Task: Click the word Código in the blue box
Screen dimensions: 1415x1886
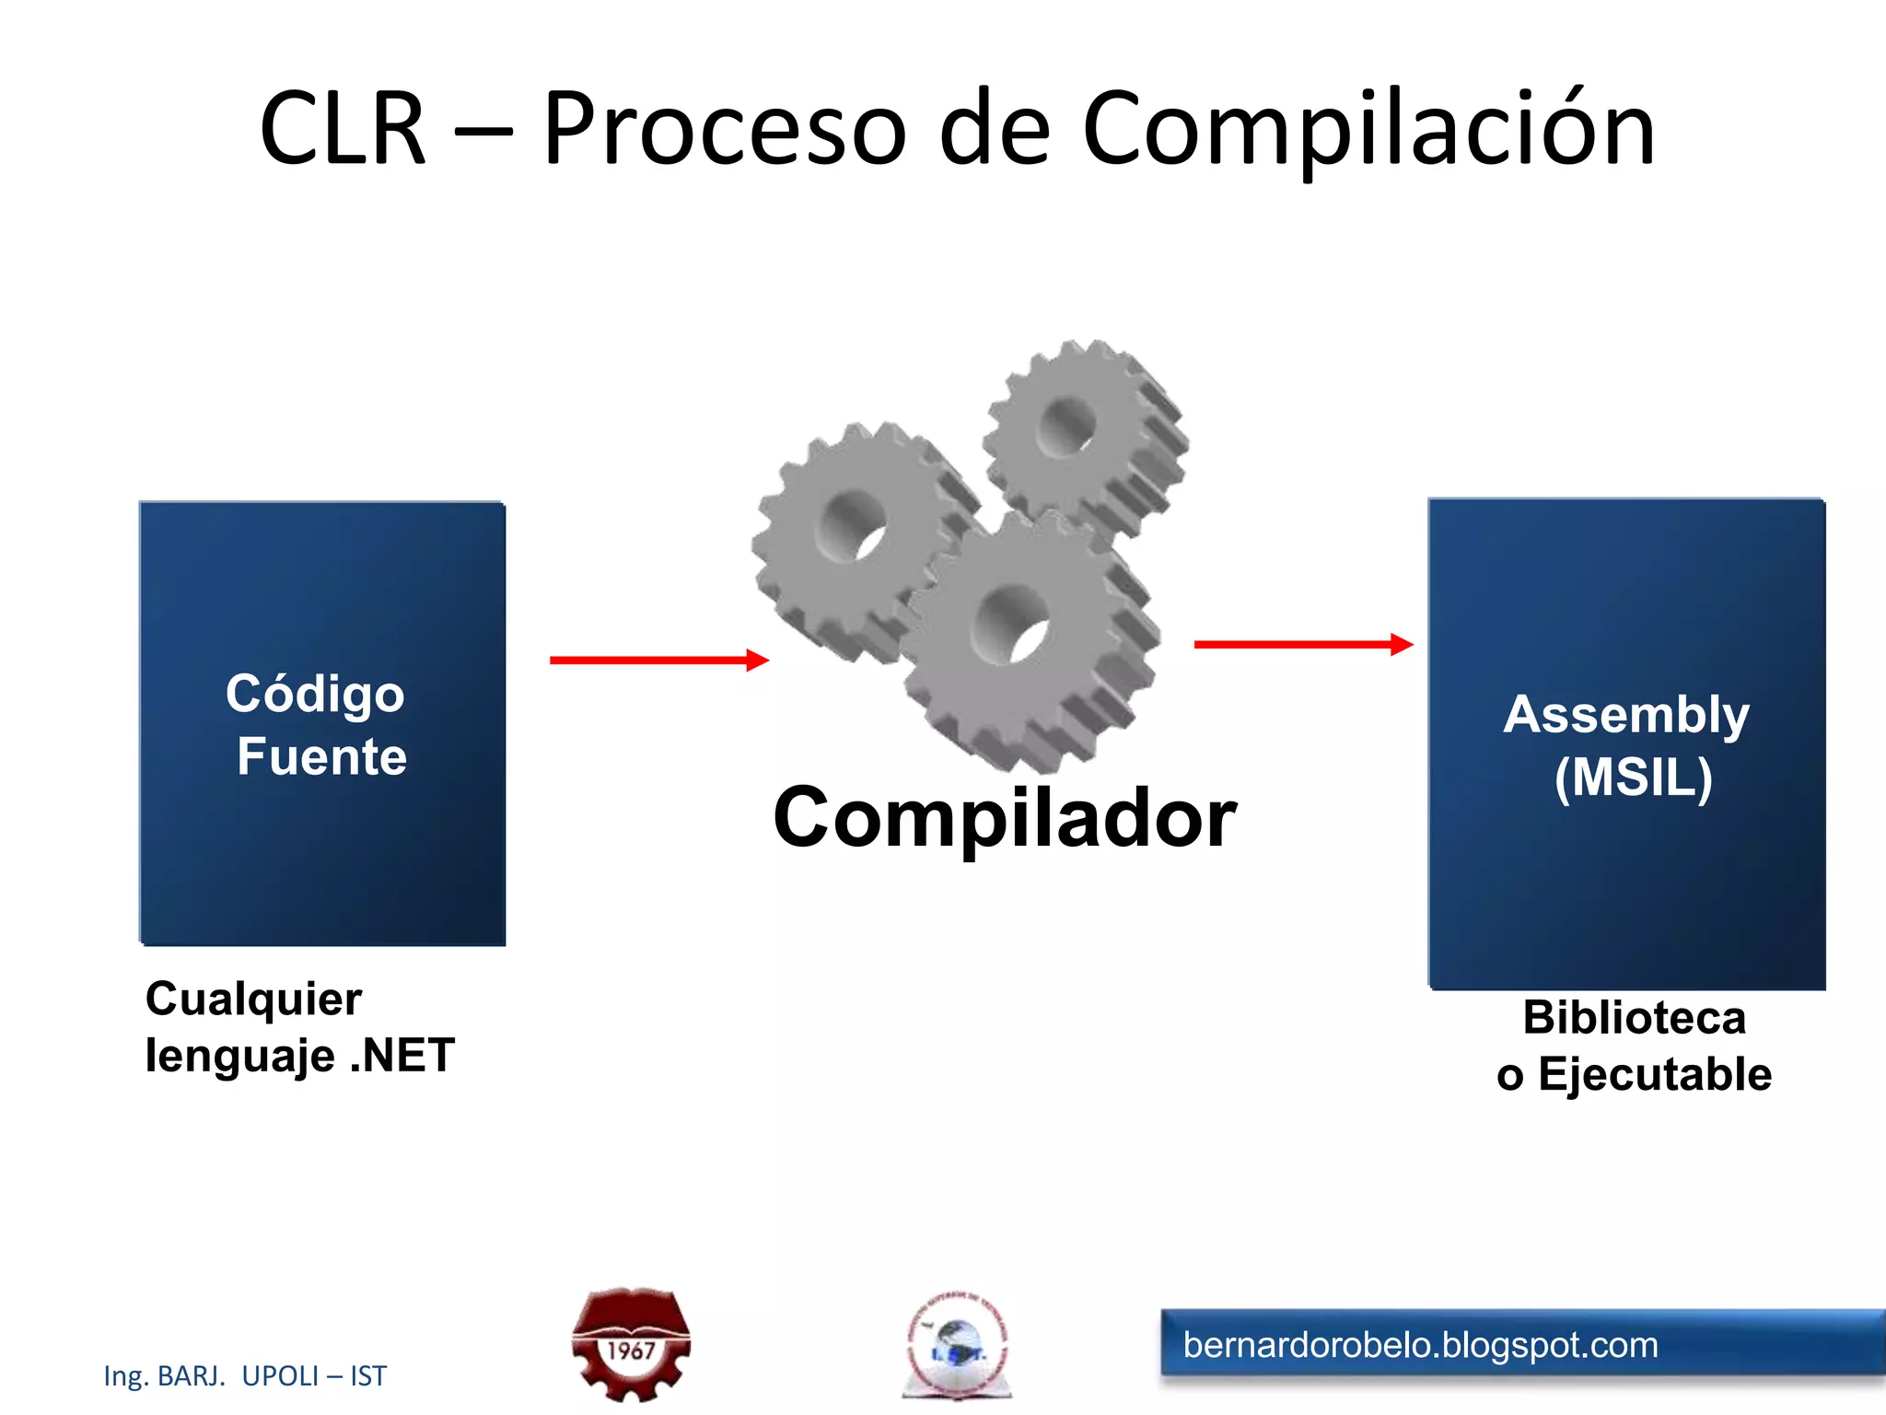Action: tap(315, 694)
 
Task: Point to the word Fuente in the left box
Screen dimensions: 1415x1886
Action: tap(321, 757)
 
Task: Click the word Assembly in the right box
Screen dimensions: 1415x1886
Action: tap(1626, 715)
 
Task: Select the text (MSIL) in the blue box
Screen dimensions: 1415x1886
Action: tap(1633, 777)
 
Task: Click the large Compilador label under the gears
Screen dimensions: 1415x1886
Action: tap(1005, 817)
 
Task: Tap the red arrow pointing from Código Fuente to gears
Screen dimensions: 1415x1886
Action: tap(658, 660)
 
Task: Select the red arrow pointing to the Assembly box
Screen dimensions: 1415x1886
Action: tap(1302, 644)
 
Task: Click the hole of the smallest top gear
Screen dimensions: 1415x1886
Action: tap(1068, 427)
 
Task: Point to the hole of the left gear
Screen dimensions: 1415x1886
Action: tap(855, 525)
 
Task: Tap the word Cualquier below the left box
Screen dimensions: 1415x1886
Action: tap(253, 1000)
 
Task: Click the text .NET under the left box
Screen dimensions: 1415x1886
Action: tap(402, 1055)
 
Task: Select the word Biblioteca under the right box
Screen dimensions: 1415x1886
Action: tap(1634, 1018)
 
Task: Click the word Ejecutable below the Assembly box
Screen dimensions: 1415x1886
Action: tap(1655, 1074)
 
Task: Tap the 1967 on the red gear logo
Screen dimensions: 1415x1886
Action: tap(631, 1351)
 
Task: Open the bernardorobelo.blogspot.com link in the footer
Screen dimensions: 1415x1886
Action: tap(1420, 1345)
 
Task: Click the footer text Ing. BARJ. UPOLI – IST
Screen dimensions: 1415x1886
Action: tap(245, 1375)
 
